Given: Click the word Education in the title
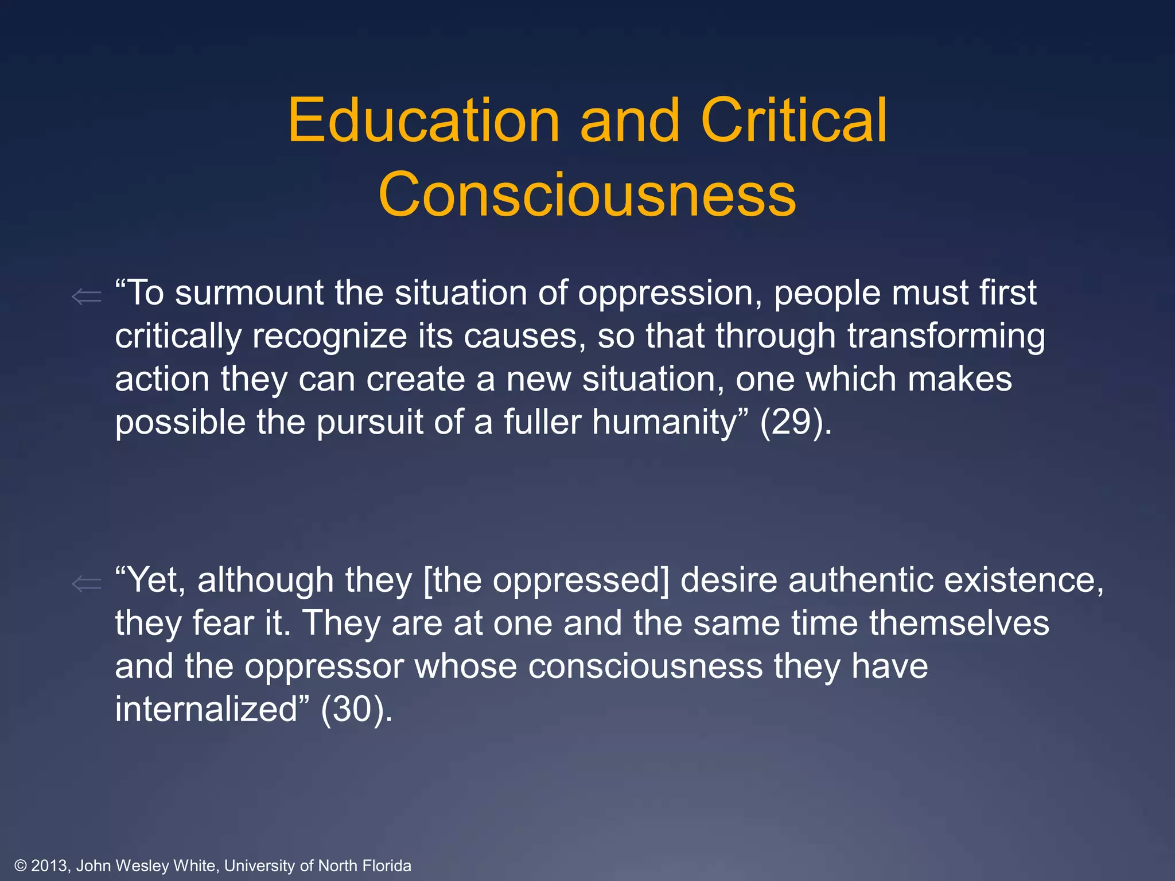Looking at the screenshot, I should click(423, 120).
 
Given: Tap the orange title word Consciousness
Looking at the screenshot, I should click(587, 195).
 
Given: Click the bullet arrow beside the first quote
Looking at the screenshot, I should click(87, 297).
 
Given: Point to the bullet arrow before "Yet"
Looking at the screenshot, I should click(87, 584).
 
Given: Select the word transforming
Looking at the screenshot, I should click(946, 337).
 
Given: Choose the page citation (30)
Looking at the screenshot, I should click(356, 710).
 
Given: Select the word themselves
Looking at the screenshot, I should click(959, 623).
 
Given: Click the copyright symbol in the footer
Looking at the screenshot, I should click(21, 866).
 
